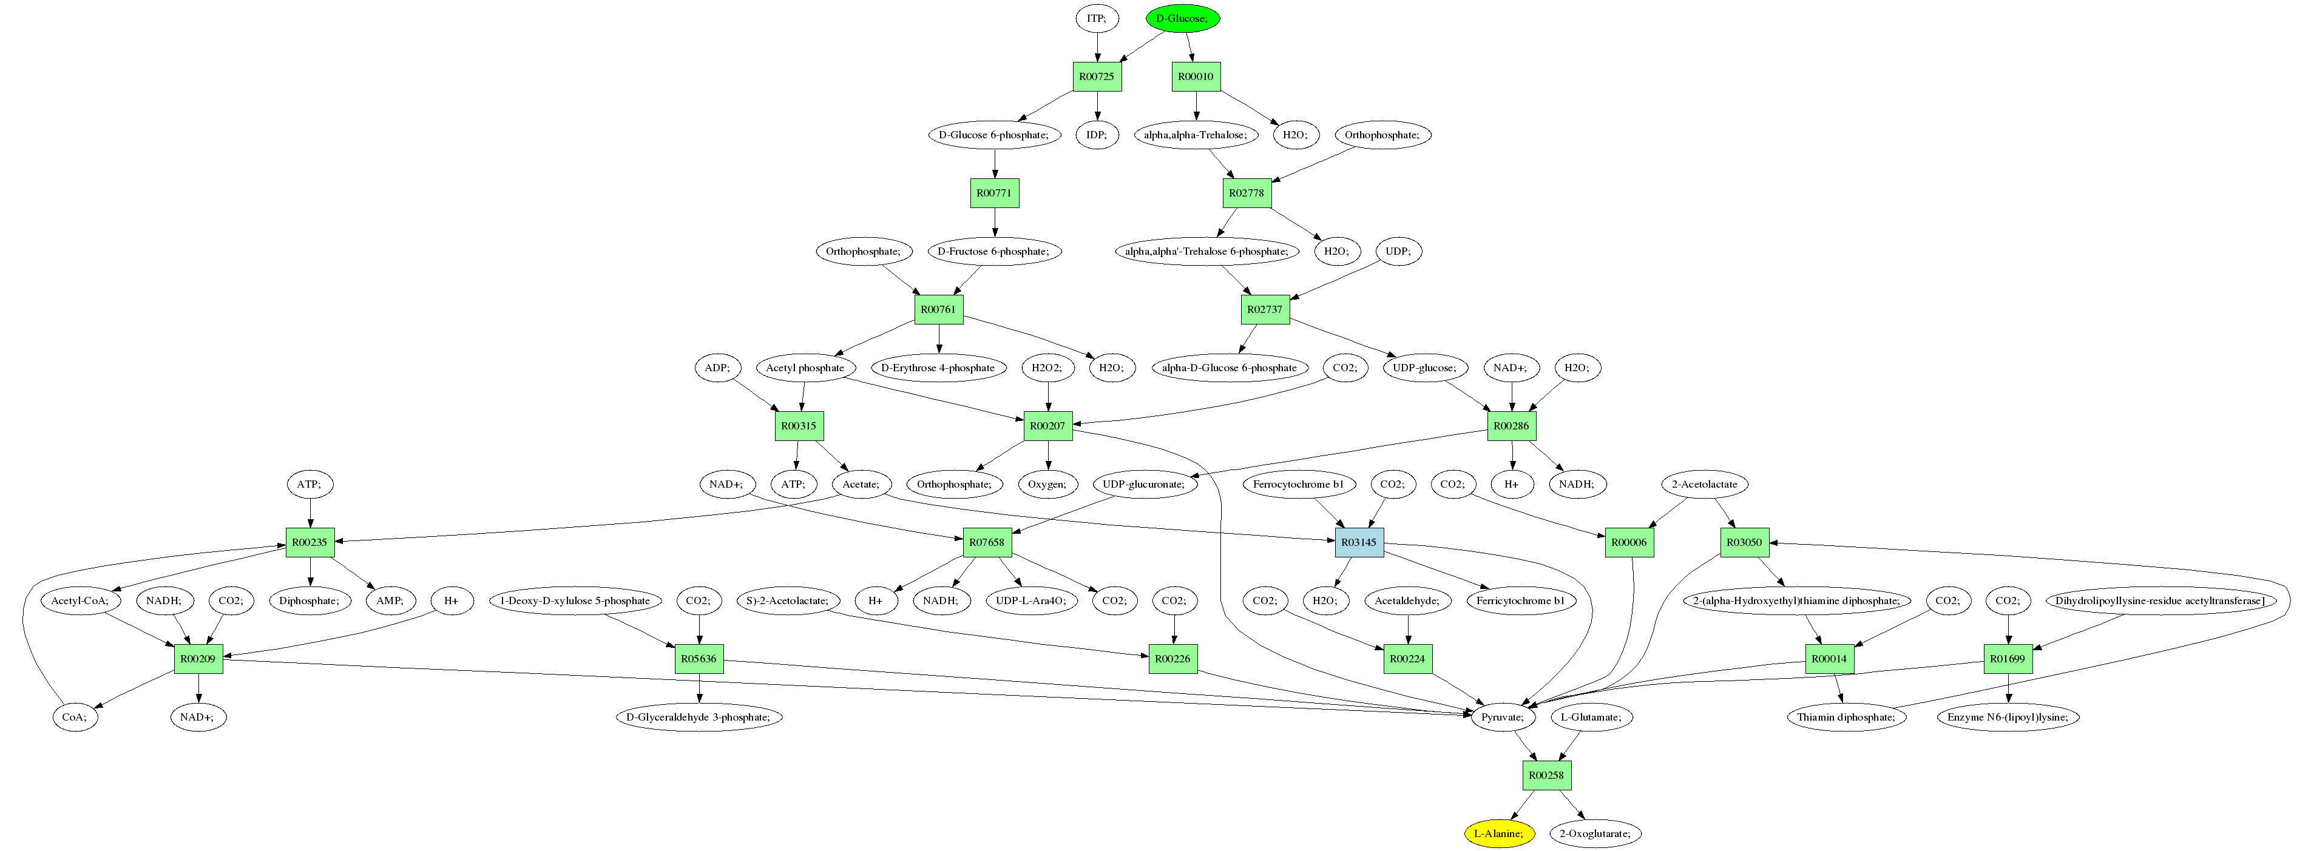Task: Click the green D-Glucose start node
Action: (x=1182, y=19)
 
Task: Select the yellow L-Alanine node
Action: (x=1498, y=833)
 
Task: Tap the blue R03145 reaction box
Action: (x=1358, y=542)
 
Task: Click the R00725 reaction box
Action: (x=1096, y=77)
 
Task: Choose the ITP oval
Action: (x=1096, y=19)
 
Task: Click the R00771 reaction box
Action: (x=994, y=193)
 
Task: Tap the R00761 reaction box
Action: (x=938, y=309)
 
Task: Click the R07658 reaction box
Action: (x=987, y=542)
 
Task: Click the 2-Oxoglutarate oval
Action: (x=1594, y=833)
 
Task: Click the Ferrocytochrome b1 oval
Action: (x=1298, y=484)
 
